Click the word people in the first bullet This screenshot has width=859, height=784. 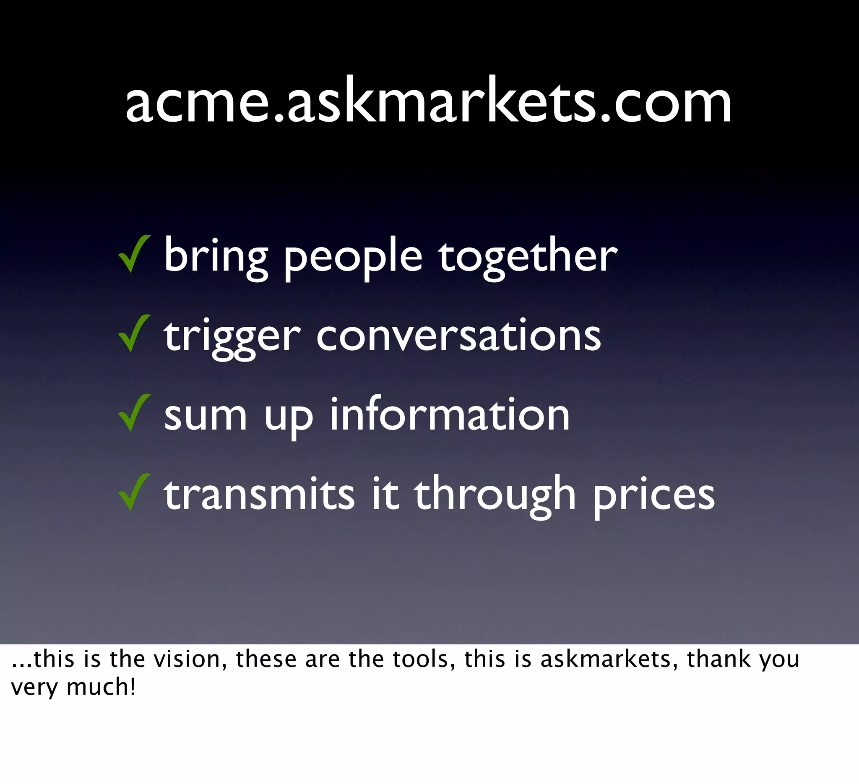353,258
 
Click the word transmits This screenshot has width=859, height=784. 259,494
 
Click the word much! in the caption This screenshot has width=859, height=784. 101,687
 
